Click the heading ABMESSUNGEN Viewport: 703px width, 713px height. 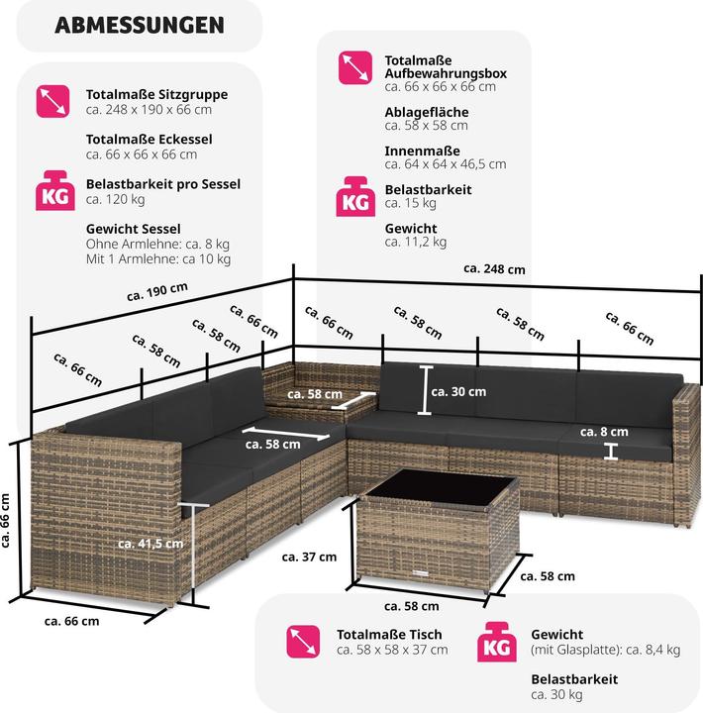coord(139,25)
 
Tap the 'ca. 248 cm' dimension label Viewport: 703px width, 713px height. coord(495,268)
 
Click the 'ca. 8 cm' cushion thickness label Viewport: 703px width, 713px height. coord(604,432)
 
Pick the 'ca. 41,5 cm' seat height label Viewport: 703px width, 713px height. coord(150,543)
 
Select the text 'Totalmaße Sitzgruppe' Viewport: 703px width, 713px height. coord(157,94)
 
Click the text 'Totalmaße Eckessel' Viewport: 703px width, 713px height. coord(150,140)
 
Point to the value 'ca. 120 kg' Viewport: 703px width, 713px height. coord(116,199)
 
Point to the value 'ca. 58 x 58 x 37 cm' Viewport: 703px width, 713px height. coord(392,650)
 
